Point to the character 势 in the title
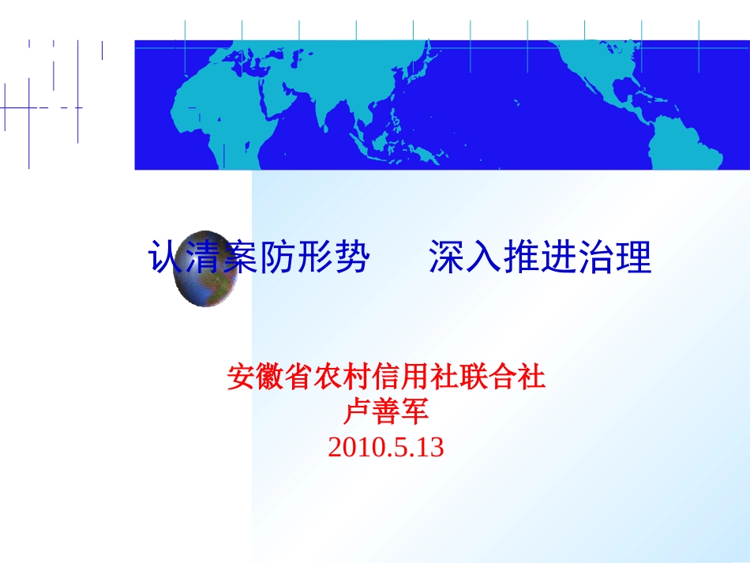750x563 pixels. point(353,257)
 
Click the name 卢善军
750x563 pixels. point(386,412)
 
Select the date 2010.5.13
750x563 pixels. point(386,448)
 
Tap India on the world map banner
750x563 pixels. point(324,111)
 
